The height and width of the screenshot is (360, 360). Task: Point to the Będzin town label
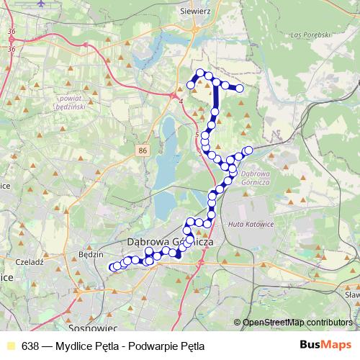[91, 254]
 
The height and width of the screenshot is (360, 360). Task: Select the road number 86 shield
[143, 150]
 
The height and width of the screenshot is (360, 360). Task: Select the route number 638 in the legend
[30, 345]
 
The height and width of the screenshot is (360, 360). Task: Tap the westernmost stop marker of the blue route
[112, 268]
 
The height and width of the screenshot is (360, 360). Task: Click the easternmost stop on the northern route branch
[240, 89]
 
